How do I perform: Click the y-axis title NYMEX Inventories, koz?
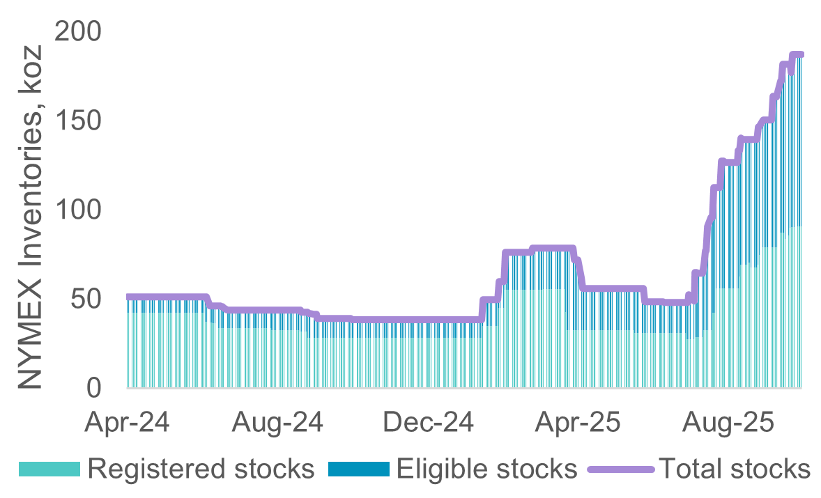pos(31,216)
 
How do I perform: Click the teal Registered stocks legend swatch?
pos(49,469)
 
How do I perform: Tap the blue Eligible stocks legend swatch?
pos(358,469)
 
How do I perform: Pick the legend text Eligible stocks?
pos(486,469)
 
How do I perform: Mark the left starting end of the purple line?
pos(128,297)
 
